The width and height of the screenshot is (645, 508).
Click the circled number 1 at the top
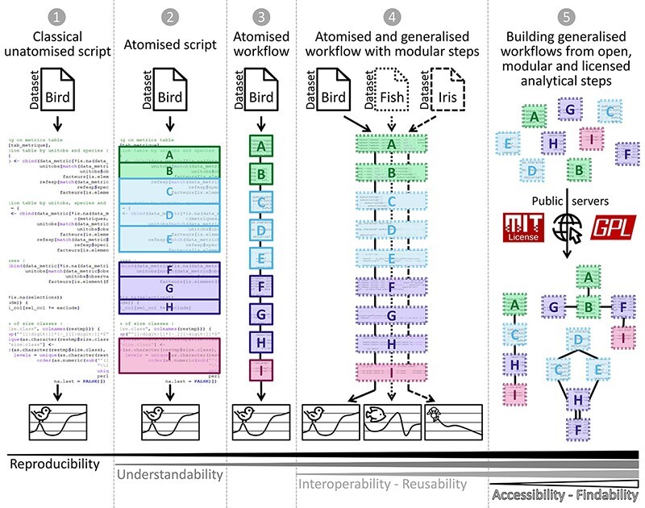tap(57, 17)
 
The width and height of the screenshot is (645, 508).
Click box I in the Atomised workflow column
tap(260, 369)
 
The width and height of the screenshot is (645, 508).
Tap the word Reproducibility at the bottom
tap(55, 464)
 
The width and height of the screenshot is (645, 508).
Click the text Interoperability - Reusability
tap(382, 484)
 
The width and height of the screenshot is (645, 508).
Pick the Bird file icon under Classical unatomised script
tap(57, 91)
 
